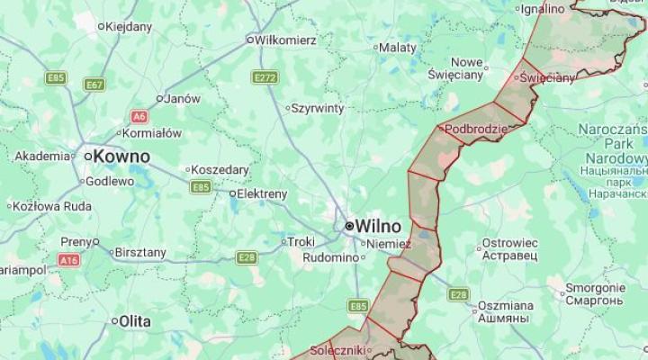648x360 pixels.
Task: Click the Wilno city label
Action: (378, 225)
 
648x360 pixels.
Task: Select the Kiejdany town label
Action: (129, 26)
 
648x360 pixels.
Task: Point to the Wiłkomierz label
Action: (285, 40)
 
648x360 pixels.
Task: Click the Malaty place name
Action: (397, 47)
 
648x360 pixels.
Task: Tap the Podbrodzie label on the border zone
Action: (476, 130)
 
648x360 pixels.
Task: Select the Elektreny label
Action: (262, 193)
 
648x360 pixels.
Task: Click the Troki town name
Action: (300, 241)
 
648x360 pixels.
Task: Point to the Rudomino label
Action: (329, 256)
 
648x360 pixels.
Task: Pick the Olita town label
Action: (135, 320)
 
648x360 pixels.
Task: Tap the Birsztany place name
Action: (141, 252)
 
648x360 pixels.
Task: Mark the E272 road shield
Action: (265, 78)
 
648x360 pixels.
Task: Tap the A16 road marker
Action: (68, 260)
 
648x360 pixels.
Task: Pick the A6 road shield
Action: (139, 116)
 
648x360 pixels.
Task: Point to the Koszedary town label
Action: (221, 169)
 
